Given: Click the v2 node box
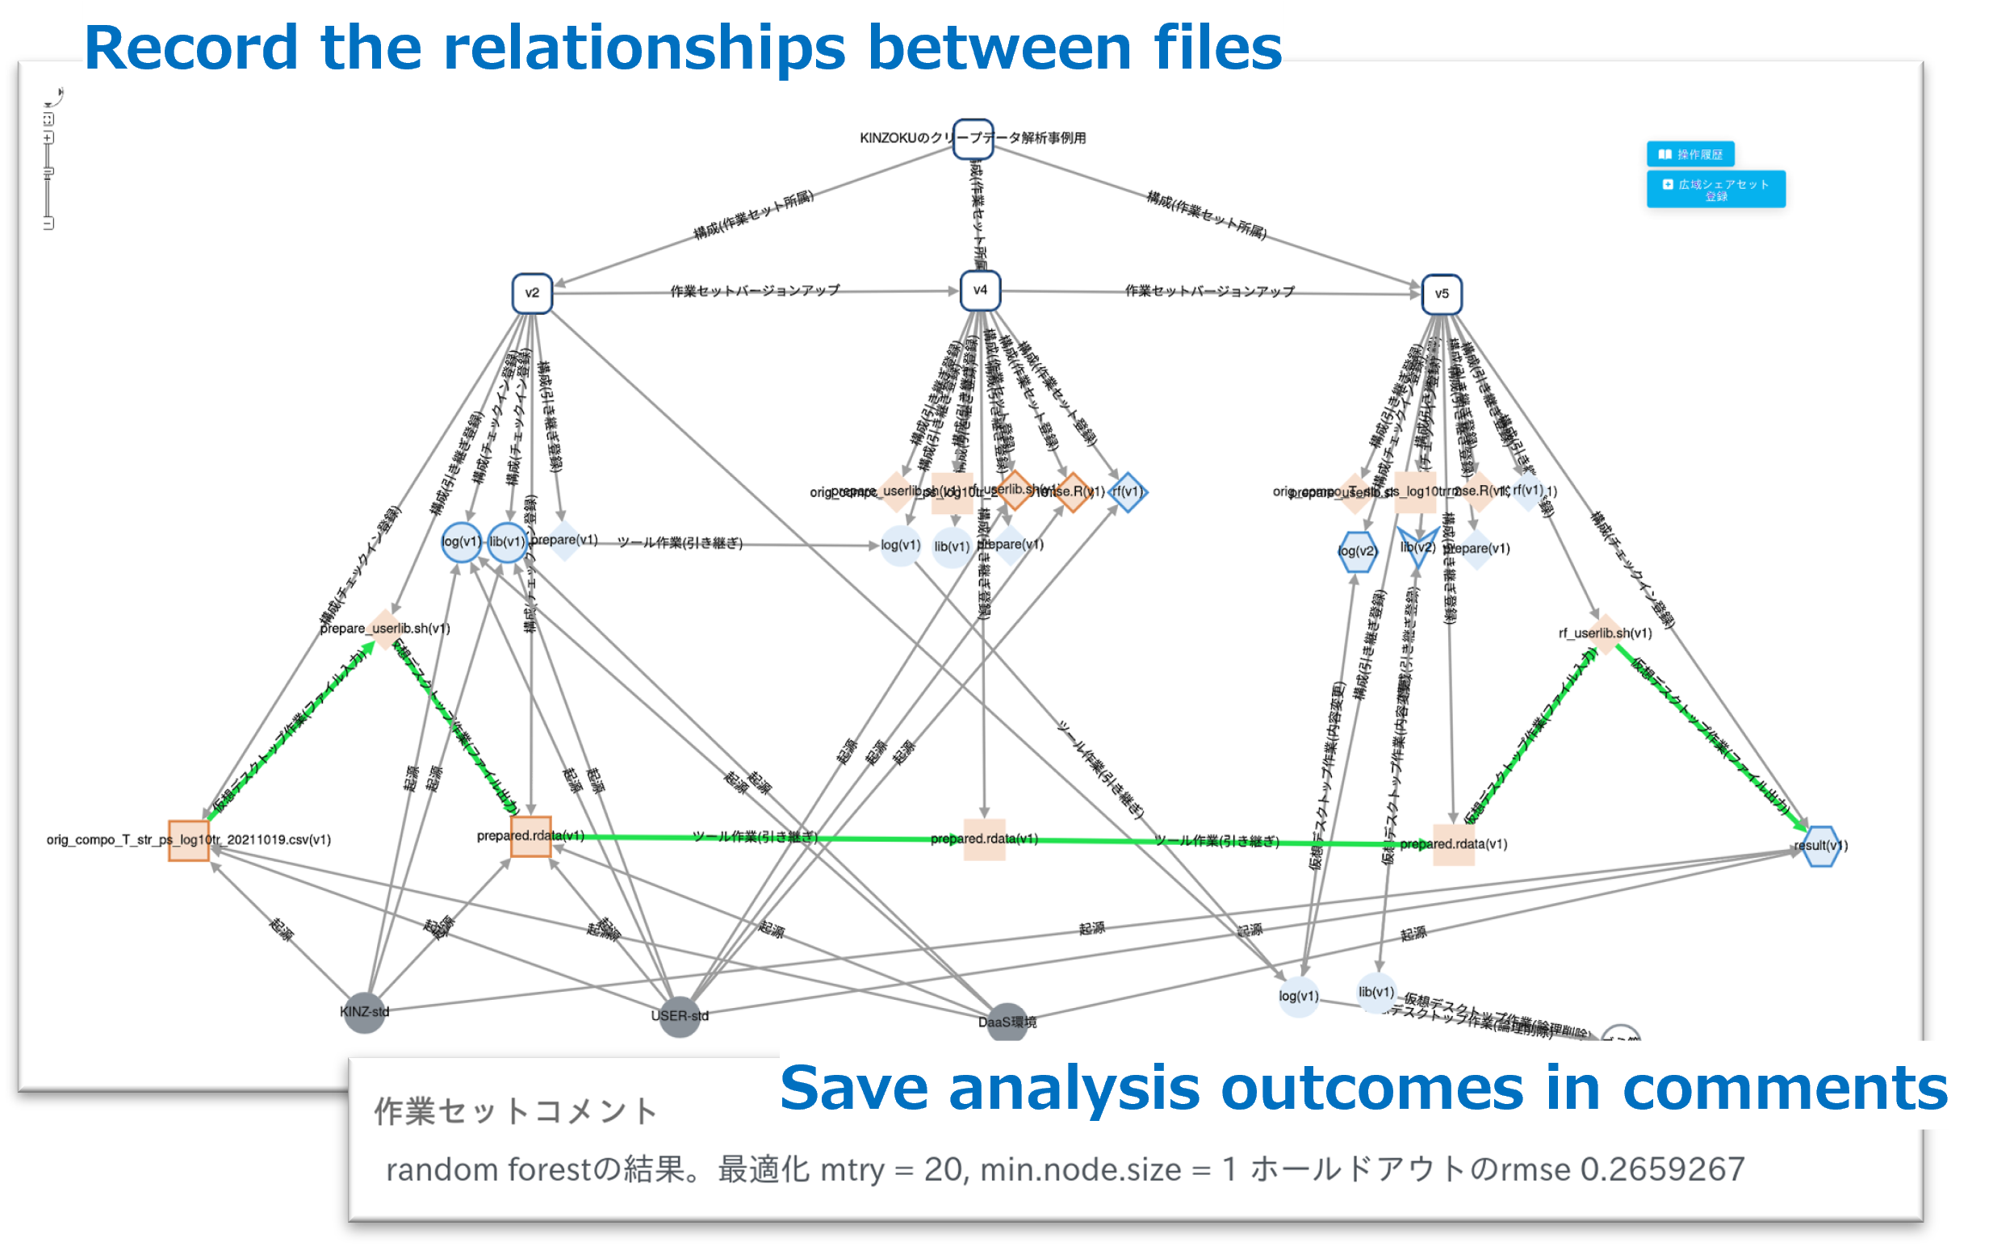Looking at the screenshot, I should pos(532,294).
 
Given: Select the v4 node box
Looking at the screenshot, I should pos(980,291).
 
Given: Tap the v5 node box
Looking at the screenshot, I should pos(1442,295).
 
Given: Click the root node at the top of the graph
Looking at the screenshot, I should pos(973,140).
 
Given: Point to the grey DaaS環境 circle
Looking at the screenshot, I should pos(1007,1022).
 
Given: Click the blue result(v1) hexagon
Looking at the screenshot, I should pos(1821,847).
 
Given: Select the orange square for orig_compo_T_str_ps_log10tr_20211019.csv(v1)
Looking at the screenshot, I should pos(189,841).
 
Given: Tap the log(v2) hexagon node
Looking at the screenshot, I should pos(1357,551).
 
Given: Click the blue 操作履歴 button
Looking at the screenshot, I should pos(1690,154).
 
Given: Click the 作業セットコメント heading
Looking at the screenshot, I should pos(516,1111).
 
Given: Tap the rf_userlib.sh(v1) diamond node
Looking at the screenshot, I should pos(1605,633).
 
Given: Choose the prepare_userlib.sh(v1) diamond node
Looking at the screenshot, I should pos(385,629).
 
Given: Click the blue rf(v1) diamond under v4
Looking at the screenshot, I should pos(1127,492).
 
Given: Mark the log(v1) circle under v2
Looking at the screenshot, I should pos(461,542).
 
